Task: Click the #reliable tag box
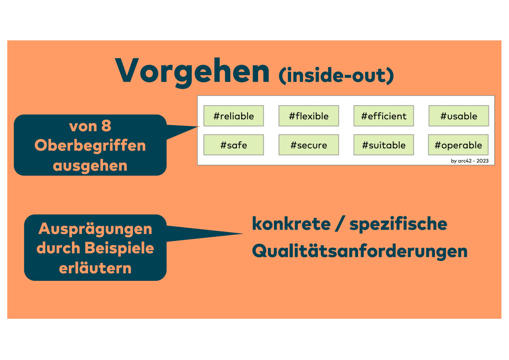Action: tap(234, 116)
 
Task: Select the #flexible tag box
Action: tap(309, 116)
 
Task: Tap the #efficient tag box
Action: tap(384, 116)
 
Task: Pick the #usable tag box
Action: tap(458, 116)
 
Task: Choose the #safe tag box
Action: tap(234, 145)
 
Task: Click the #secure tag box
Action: tap(309, 145)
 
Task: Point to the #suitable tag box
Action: tap(384, 145)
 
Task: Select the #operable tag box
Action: tap(458, 145)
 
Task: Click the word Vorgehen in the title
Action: tap(192, 72)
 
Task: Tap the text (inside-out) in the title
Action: tap(336, 75)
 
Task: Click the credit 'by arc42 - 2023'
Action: tap(470, 161)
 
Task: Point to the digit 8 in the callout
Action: tap(106, 126)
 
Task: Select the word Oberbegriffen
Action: tap(90, 145)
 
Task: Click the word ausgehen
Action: tap(90, 166)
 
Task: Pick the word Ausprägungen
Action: tap(95, 229)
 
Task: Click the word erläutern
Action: tap(95, 268)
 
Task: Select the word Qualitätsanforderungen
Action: tap(359, 251)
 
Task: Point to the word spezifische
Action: tap(398, 224)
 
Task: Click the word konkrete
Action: tap(291, 224)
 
